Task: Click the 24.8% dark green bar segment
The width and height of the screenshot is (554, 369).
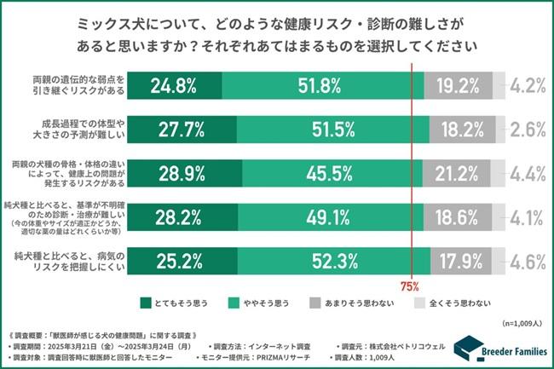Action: click(174, 85)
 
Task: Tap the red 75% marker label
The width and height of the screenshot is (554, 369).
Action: click(412, 286)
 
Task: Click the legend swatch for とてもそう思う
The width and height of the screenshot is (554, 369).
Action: click(146, 302)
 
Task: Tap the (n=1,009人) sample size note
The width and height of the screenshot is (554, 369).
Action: click(523, 323)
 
